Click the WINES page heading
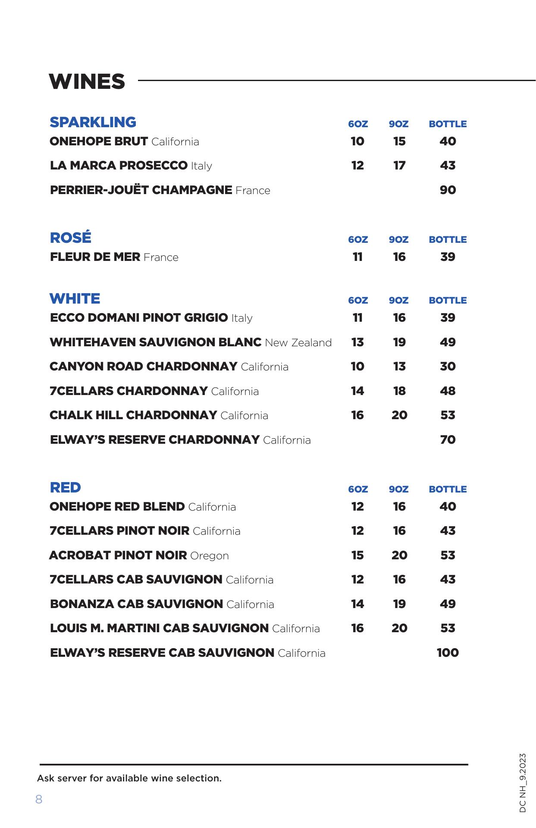pyautogui.click(x=87, y=82)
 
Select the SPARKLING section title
pyautogui.click(x=93, y=122)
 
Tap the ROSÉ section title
pyautogui.click(x=71, y=238)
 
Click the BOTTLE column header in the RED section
pyautogui.click(x=448, y=489)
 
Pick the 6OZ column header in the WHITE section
pyautogui.click(x=358, y=301)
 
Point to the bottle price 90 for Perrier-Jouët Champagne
pyautogui.click(x=448, y=190)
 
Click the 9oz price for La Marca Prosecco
pyautogui.click(x=399, y=166)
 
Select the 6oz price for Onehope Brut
pyautogui.click(x=357, y=141)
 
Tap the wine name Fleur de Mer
pyautogui.click(x=95, y=257)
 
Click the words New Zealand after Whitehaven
pyautogui.click(x=298, y=343)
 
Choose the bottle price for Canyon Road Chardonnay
pyautogui.click(x=448, y=367)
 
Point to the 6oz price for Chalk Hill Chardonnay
pyautogui.click(x=357, y=415)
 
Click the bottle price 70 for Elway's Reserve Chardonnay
pyautogui.click(x=448, y=440)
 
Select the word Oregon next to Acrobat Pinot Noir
pyautogui.click(x=210, y=556)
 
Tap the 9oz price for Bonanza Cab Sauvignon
pyautogui.click(x=399, y=604)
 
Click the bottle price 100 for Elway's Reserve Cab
pyautogui.click(x=448, y=653)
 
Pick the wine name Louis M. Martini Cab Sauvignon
pyautogui.click(x=159, y=628)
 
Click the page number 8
pyautogui.click(x=39, y=800)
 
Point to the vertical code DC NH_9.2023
pyautogui.click(x=523, y=783)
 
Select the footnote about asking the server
pyautogui.click(x=129, y=778)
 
